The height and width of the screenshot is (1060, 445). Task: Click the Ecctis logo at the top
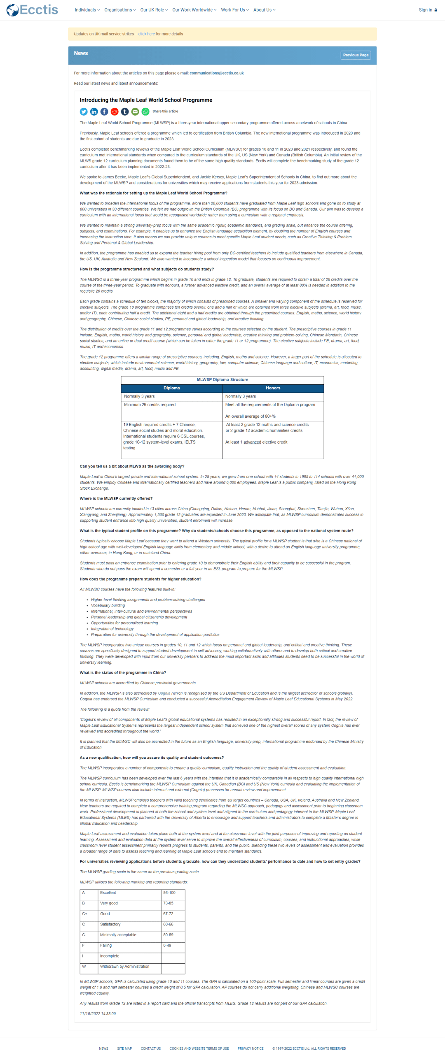point(32,10)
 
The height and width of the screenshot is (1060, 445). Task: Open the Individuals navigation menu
point(87,10)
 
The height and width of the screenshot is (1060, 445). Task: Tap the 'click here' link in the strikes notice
point(146,34)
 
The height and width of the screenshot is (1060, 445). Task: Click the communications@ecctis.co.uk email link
point(216,73)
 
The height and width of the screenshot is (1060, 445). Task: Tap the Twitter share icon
point(84,112)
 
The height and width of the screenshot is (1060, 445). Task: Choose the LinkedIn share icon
point(94,112)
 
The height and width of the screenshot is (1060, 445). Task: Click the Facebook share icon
point(104,112)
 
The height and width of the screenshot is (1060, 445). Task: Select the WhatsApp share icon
point(145,112)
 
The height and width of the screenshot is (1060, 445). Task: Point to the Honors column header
point(273,388)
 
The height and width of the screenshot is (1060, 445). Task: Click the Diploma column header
point(171,388)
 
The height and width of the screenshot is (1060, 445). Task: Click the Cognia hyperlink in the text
point(164,693)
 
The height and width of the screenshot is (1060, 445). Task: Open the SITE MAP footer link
point(124,1048)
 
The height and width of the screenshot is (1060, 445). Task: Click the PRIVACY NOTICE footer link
point(250,1048)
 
